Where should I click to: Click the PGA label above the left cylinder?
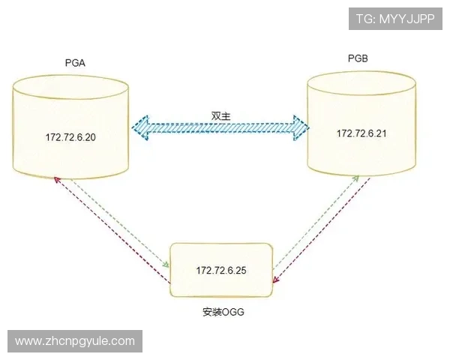click(x=75, y=62)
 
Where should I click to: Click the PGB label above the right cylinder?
click(x=358, y=58)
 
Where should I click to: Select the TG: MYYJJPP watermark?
click(x=395, y=18)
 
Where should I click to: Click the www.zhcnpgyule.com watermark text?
click(x=75, y=341)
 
